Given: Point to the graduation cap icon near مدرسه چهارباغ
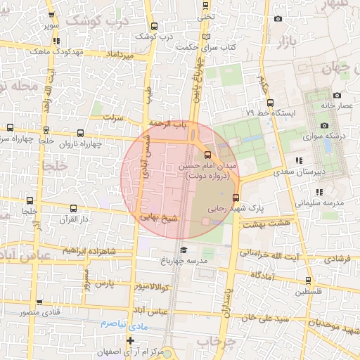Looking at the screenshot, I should tap(184, 250).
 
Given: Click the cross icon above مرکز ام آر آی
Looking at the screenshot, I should tap(130, 340).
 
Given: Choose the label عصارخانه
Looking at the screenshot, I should tap(337, 105).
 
